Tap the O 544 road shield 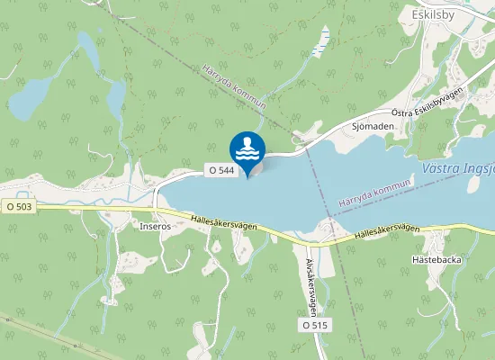click(222, 169)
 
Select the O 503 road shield click(18, 206)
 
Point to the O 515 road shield click(314, 324)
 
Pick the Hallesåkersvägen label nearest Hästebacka click(387, 230)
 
